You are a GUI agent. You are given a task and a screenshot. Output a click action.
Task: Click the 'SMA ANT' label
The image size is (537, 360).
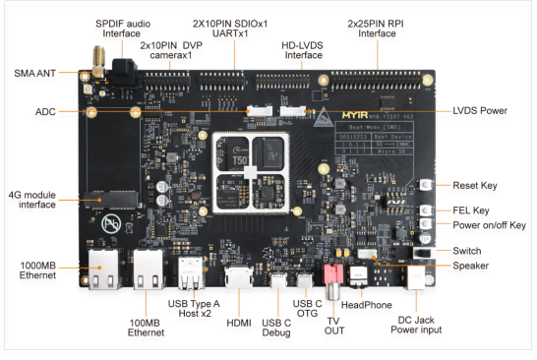pyautogui.click(x=35, y=73)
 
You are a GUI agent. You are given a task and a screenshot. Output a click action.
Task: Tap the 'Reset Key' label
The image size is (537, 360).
pyautogui.click(x=477, y=184)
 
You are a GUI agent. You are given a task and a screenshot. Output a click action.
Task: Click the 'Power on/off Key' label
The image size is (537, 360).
pyautogui.click(x=489, y=225)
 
